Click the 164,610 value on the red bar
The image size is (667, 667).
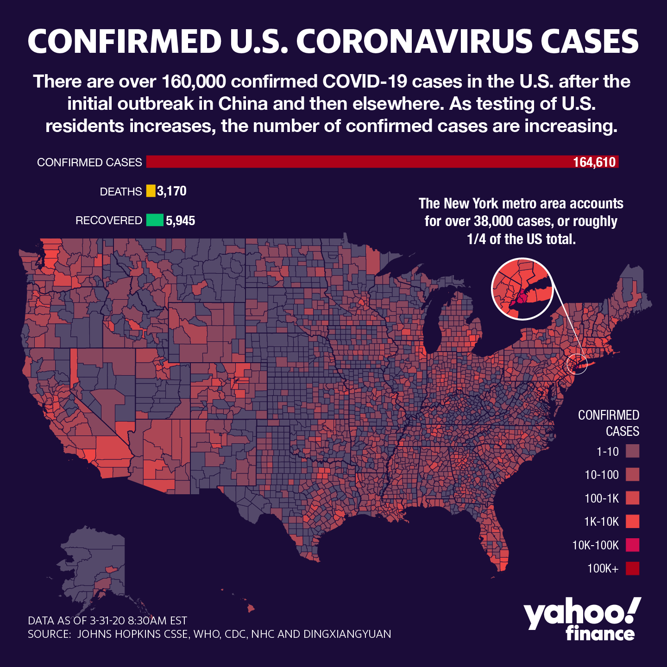tap(594, 162)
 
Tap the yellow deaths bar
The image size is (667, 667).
tap(151, 191)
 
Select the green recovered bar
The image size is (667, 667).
tap(155, 220)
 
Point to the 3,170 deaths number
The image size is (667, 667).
tap(172, 191)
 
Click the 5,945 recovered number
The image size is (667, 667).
tap(181, 220)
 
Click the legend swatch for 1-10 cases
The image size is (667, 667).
tap(632, 451)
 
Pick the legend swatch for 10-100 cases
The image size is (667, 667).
tap(632, 474)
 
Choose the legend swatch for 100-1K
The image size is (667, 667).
tap(632, 498)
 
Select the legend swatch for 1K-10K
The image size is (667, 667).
tap(632, 522)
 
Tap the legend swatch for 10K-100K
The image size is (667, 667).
tap(632, 545)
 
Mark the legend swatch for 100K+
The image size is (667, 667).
tap(632, 568)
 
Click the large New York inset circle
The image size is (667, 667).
tap(522, 289)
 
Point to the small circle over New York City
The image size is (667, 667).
tap(577, 364)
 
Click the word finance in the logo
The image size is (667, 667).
tap(600, 633)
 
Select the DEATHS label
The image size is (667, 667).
tap(121, 192)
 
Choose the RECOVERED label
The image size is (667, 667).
tap(109, 220)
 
